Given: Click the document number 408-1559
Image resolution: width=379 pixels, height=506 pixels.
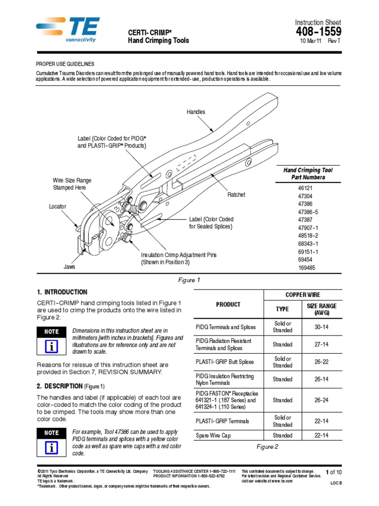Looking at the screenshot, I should tap(319, 32).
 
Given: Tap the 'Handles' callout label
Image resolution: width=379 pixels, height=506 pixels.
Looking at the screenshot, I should tap(195, 112).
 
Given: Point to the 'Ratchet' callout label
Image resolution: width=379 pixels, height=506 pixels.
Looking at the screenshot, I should tap(236, 195).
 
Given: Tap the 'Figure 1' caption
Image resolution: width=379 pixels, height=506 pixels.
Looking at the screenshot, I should tap(189, 280).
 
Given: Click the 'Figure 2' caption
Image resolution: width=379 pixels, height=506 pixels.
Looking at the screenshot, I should tap(267, 447).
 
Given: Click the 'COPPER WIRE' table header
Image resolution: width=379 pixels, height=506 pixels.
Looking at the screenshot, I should tap(302, 295).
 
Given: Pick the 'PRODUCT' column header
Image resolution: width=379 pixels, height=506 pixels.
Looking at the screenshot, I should tap(228, 304).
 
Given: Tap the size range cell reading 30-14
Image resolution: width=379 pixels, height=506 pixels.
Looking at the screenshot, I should tap(321, 327).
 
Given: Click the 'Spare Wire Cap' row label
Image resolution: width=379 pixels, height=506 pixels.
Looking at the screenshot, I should tap(213, 436).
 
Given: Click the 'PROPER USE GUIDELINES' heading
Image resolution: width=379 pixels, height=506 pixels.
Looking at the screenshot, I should tap(65, 64).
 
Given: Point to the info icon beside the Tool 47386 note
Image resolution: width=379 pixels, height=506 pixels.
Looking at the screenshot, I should tap(52, 447).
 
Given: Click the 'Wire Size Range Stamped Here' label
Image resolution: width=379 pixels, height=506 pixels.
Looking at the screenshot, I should tap(72, 184).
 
